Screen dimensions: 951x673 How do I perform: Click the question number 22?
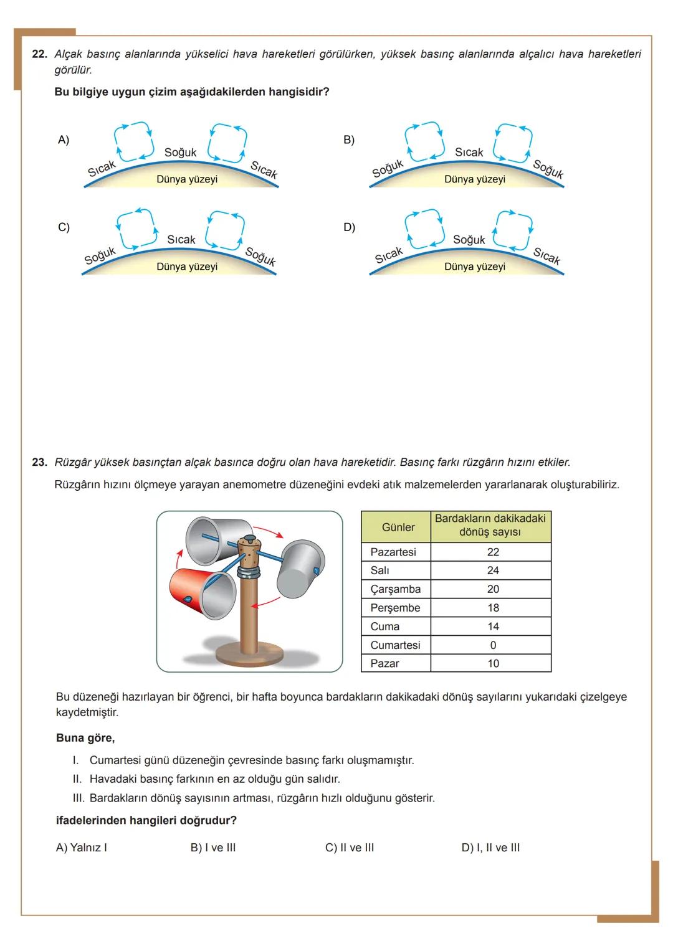click(x=39, y=54)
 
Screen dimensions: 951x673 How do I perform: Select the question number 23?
click(x=39, y=462)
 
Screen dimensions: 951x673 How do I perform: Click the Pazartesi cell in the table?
click(x=393, y=552)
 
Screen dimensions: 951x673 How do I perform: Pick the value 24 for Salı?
click(x=493, y=570)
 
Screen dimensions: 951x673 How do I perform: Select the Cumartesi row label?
click(x=395, y=645)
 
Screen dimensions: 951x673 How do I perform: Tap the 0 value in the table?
click(x=493, y=645)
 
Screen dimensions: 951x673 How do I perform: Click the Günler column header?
click(x=398, y=527)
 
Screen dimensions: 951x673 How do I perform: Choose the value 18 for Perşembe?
click(x=493, y=608)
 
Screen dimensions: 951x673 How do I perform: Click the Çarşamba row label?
click(x=395, y=589)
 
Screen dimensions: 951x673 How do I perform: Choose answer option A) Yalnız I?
click(x=82, y=848)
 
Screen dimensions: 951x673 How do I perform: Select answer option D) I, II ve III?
click(x=490, y=848)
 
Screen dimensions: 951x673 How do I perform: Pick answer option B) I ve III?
click(x=213, y=848)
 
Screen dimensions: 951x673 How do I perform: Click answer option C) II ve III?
click(x=350, y=848)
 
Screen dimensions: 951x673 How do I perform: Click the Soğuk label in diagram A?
click(x=180, y=153)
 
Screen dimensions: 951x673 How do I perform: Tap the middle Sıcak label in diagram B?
click(x=469, y=153)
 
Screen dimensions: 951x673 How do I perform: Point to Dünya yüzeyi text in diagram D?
click(x=475, y=267)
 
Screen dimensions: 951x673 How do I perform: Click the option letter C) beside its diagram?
click(x=64, y=227)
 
